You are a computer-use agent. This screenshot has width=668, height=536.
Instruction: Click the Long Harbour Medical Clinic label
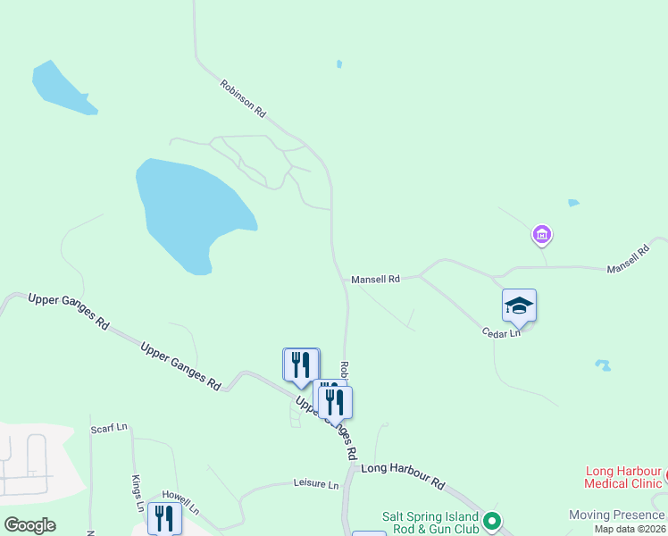coord(624,477)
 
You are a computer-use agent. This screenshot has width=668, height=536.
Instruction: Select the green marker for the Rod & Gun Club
coord(490,519)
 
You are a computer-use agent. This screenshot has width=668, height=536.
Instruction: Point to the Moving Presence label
coord(617,515)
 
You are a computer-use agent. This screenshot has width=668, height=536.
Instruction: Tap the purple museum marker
coord(541,236)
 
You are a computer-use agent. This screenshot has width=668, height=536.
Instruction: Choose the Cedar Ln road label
coord(502,332)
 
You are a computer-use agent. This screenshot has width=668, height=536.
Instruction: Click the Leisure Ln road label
coord(316,484)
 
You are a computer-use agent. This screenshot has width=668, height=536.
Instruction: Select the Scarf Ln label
coord(109,429)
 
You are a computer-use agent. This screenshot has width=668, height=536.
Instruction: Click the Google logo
coord(29,524)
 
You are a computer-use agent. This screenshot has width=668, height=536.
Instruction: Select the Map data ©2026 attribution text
coord(630,529)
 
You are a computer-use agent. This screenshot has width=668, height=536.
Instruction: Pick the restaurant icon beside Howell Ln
coord(163,517)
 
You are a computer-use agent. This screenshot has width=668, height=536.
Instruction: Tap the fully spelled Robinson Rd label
coord(243,99)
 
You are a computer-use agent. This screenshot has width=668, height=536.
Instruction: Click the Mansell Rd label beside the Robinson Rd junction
coord(375,279)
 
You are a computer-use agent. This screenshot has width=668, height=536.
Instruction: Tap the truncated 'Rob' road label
coord(344,369)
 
